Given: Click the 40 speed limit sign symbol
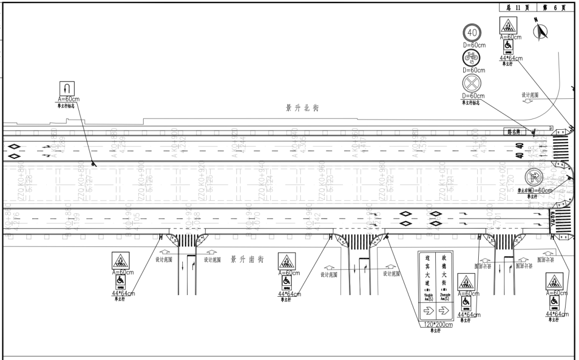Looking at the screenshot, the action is tap(472, 34).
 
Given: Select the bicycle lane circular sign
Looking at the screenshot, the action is tap(472, 58).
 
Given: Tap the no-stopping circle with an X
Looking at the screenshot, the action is tap(472, 84).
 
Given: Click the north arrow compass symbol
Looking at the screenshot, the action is tap(543, 32).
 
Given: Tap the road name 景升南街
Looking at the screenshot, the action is tap(247, 260).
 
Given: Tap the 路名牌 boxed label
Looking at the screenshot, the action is tap(514, 130).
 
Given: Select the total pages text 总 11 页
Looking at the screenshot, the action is tap(517, 8).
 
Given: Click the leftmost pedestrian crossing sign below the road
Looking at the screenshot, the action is tap(120, 262).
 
